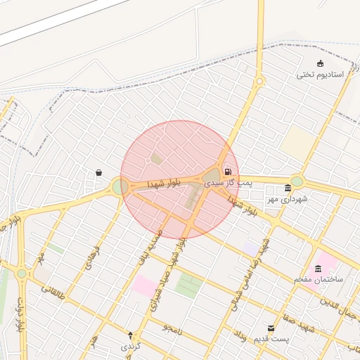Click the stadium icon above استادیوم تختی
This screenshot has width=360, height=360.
[x=321, y=64]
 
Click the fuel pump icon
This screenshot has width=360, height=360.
[x=228, y=172]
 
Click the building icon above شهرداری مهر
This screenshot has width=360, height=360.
[x=288, y=188]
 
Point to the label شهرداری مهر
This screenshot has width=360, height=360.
[x=287, y=200]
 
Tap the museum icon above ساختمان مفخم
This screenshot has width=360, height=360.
[x=319, y=269]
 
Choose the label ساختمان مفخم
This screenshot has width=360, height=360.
[x=319, y=280]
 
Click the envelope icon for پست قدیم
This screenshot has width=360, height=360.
[x=271, y=328]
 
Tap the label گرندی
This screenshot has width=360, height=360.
[x=131, y=346]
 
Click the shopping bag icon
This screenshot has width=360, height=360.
[x=98, y=172]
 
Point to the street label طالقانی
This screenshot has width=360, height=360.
[x=52, y=289]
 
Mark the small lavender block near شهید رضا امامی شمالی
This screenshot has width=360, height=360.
[x=252, y=247]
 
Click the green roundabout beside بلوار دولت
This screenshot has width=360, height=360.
[x=22, y=274]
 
